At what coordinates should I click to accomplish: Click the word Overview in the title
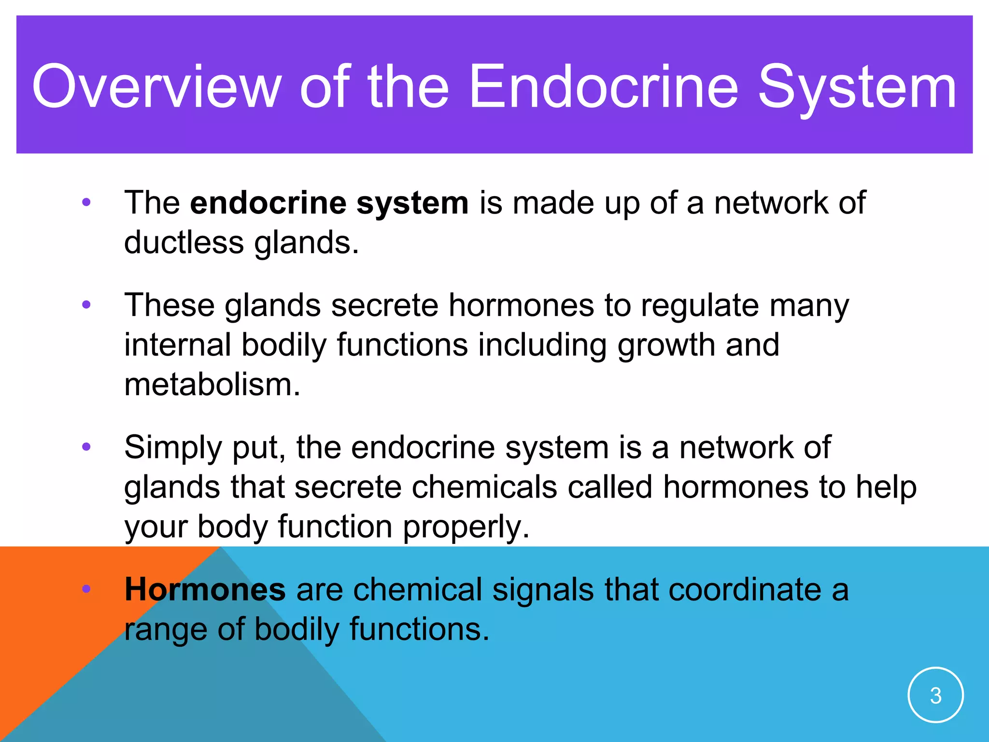coord(156,87)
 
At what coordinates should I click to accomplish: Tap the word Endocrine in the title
coord(603,87)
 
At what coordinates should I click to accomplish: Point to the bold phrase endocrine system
coord(329,203)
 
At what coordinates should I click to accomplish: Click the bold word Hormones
coord(205,590)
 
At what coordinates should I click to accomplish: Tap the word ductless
coord(184,243)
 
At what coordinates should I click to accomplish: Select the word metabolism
coord(212,385)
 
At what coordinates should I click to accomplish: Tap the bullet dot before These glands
coord(86,305)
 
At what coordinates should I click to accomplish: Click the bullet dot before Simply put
coord(86,447)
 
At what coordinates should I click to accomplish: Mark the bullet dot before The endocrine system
coord(86,202)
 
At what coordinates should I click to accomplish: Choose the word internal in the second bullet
coord(177,345)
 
